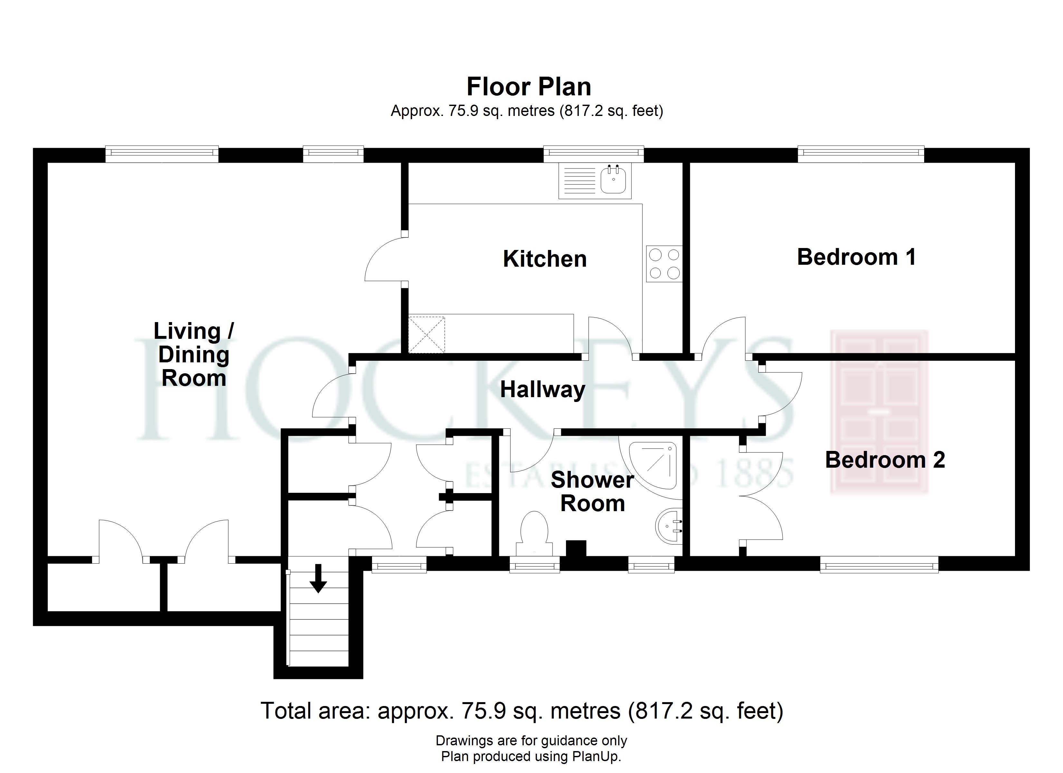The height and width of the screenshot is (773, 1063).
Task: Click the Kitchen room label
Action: pos(545,259)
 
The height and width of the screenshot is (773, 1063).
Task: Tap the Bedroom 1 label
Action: pos(856,257)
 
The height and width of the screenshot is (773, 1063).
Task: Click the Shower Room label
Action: pos(592,491)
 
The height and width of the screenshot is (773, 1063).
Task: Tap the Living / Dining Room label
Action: pos(194,354)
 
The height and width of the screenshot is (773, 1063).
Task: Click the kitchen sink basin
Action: pos(613,180)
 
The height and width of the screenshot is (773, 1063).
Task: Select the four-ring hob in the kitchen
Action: pos(664,264)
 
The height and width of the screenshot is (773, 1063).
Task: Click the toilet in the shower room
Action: pos(534,534)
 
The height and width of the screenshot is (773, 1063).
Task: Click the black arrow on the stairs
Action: pos(318,578)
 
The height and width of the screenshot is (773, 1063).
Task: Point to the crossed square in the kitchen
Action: pos(426,335)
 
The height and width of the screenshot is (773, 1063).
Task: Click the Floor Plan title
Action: pos(529,87)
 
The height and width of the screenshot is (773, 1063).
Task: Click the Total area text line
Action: pos(522,711)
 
